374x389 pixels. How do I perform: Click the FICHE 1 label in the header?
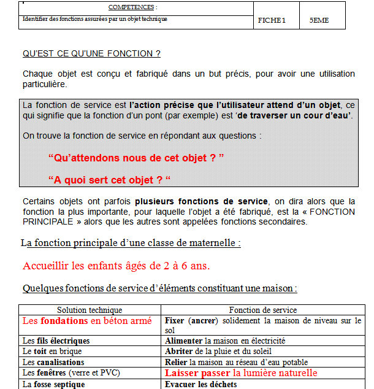point(272,20)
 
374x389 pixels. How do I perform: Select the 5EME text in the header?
point(319,20)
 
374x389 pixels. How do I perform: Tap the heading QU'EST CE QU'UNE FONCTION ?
point(91,53)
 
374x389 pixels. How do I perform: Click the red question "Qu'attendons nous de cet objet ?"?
point(135,158)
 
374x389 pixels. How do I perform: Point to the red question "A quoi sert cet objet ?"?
point(109,180)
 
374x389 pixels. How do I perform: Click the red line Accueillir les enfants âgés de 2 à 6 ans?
point(116,266)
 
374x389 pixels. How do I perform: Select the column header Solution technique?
point(90,310)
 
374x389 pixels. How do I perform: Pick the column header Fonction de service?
point(263,310)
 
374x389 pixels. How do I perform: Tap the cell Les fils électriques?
point(56,341)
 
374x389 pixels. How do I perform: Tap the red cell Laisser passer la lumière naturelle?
point(241,373)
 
